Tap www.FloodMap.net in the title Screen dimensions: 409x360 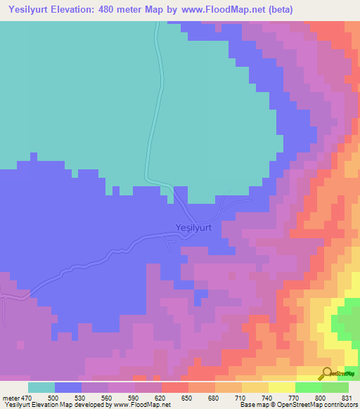[218, 10]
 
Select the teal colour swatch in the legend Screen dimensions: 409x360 [41, 387]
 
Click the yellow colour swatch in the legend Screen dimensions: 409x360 [281, 387]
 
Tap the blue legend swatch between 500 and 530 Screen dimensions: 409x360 [67, 387]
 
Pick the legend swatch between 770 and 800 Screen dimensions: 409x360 [308, 387]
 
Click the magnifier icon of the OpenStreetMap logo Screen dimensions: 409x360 [326, 372]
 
